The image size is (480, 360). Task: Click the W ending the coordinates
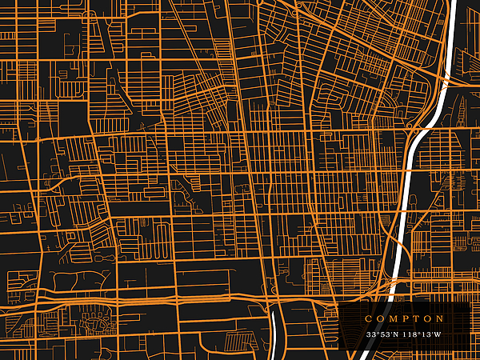click(438, 334)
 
